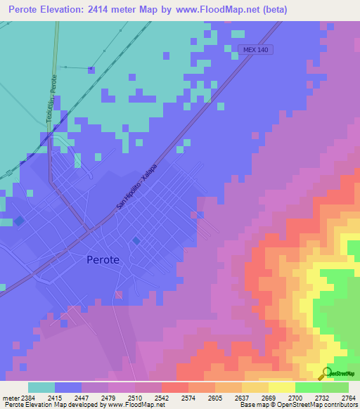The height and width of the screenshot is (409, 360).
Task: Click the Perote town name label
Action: tap(103, 259)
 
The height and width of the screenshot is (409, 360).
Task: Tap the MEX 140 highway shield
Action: tap(260, 50)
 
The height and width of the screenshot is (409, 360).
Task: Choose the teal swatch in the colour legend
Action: tap(41, 387)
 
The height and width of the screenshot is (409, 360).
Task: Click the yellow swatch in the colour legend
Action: tap(281, 387)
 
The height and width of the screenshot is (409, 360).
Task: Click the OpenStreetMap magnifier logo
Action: tap(326, 374)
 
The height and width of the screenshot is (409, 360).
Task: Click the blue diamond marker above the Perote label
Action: tap(136, 241)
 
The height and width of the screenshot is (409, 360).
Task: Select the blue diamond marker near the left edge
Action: tap(19, 221)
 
